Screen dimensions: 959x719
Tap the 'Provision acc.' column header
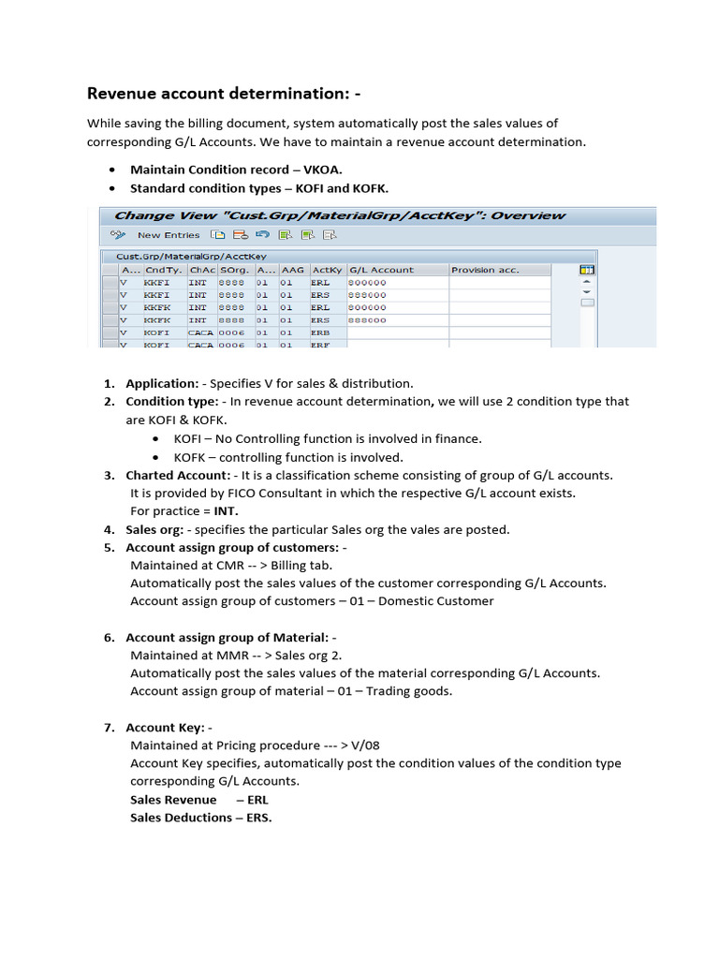485,270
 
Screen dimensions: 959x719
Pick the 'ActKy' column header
327,270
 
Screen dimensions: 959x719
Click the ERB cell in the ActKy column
321,332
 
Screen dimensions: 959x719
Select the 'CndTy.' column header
164,270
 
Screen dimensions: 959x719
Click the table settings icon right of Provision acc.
587,269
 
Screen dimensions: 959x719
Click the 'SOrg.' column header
233,270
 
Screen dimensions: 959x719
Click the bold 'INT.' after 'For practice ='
225,510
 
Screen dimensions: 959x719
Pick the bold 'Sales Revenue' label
173,800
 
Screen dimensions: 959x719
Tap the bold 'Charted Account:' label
178,475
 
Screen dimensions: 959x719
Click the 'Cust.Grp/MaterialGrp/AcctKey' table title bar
191,255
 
